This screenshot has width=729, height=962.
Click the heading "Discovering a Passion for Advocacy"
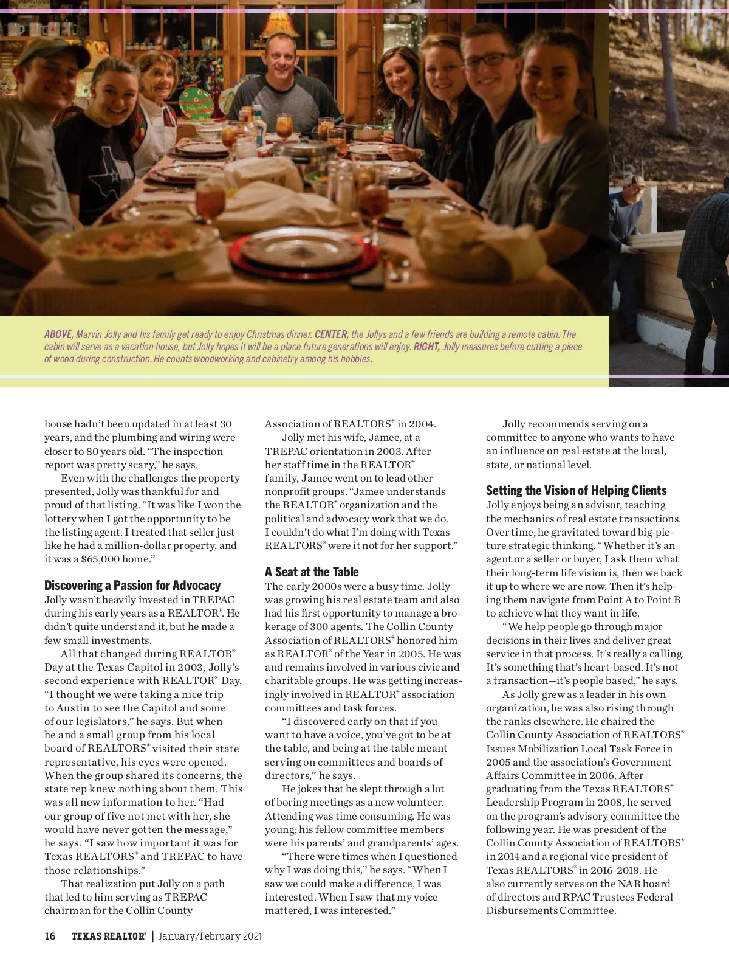132,585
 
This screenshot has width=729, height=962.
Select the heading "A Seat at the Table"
312,572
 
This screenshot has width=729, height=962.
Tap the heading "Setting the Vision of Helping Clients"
576,491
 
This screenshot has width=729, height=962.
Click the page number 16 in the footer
50,936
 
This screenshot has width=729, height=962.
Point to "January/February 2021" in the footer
210,936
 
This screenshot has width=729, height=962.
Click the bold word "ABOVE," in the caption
59,334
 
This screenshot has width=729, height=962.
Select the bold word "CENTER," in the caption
331,334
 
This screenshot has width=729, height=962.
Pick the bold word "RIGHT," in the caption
426,347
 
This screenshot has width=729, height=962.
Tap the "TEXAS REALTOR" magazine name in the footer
108,936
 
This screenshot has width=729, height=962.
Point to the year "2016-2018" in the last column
610,870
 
